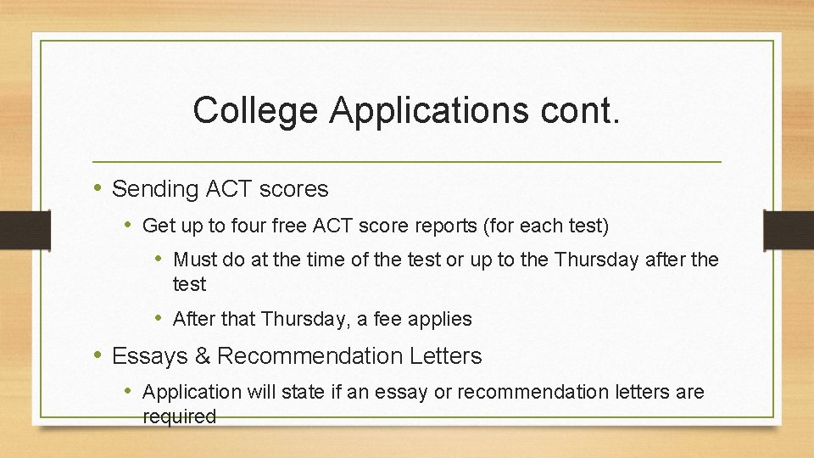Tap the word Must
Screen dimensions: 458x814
point(195,260)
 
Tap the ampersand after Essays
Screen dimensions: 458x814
point(203,356)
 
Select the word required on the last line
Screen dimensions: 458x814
point(180,416)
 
